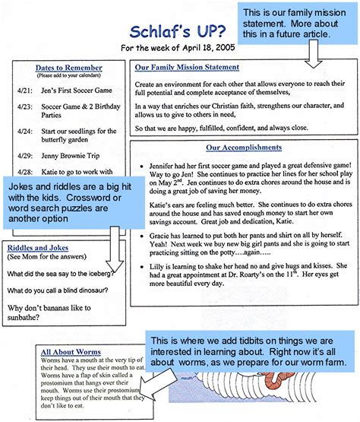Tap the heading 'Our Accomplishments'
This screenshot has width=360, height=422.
point(243,148)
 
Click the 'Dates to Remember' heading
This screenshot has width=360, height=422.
point(69,68)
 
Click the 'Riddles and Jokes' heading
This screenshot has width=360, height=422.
point(39,249)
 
